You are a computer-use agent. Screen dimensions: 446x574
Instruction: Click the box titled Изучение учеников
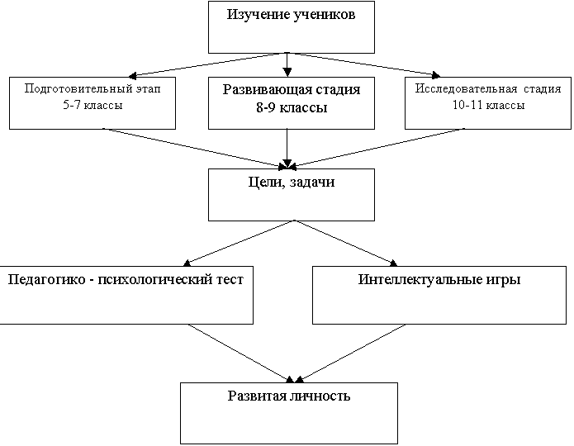click(292, 27)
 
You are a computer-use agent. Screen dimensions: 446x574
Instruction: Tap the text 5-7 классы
click(93, 105)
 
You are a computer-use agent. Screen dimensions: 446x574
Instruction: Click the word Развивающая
click(256, 89)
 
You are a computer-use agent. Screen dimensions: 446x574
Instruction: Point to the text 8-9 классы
click(286, 107)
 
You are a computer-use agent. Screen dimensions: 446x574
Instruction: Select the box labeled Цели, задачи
click(292, 195)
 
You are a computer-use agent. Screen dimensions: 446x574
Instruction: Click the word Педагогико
click(42, 279)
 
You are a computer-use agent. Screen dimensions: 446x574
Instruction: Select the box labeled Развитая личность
click(289, 413)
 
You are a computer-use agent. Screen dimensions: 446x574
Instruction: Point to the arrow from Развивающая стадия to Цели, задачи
click(287, 149)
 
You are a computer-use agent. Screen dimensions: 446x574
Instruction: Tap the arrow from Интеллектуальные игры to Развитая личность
click(347, 353)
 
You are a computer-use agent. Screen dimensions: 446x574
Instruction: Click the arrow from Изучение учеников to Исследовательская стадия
click(363, 64)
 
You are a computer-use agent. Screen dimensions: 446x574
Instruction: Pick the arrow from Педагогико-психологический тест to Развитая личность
click(240, 353)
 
